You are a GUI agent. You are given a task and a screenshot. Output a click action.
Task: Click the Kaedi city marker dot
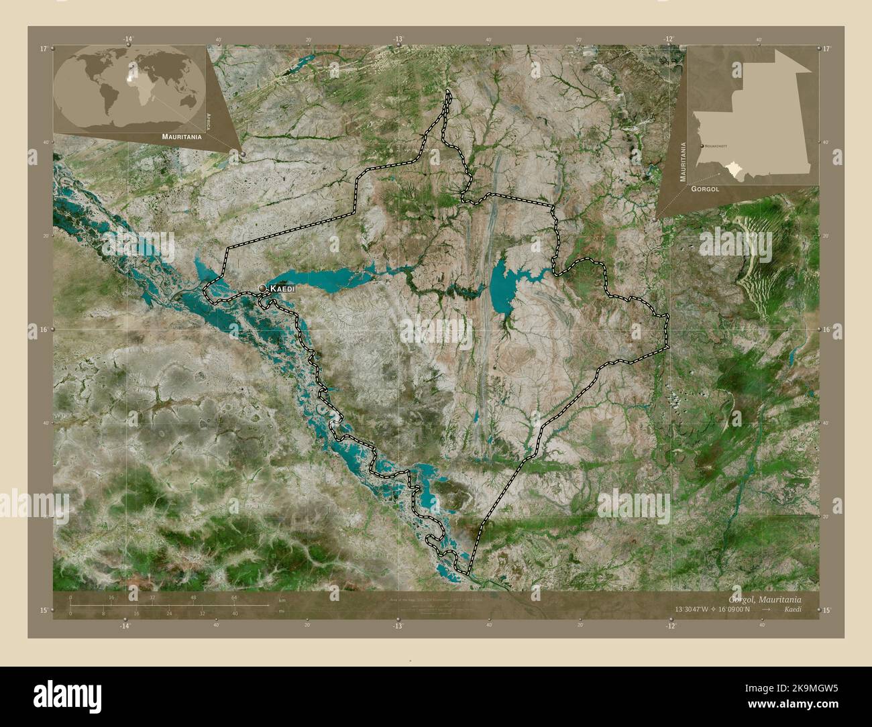[263, 288]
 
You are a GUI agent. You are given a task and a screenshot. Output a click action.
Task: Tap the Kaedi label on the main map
[282, 288]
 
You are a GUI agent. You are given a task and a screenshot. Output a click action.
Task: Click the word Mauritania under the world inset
[181, 136]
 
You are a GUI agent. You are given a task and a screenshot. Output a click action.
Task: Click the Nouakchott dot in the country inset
[702, 146]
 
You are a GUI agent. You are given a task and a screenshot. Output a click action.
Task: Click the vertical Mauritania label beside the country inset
[683, 163]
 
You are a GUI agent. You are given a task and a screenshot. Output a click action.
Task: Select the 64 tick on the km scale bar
[235, 597]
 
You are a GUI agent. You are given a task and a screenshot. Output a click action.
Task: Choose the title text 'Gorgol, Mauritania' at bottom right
[773, 599]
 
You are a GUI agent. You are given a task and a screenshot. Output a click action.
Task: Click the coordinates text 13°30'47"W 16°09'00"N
[718, 610]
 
